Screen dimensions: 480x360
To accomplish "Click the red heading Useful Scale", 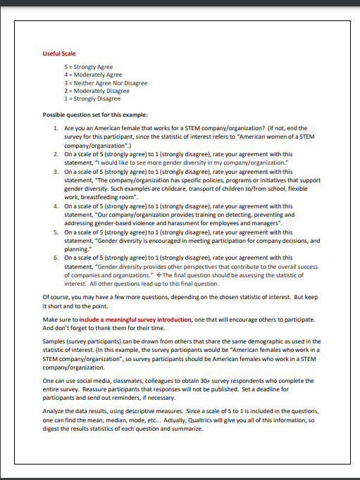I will pos(59,53).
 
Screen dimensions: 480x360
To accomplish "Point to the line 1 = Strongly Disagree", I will pos(92,99).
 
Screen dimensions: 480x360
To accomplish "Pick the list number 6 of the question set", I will pos(56,258).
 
